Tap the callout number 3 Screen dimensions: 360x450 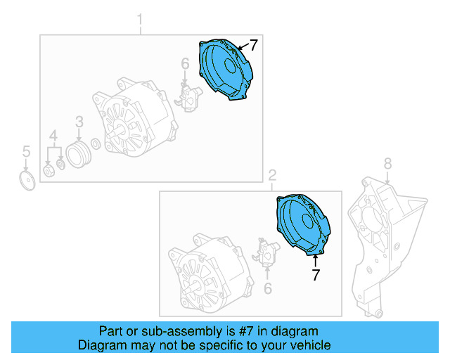pyautogui.click(x=79, y=122)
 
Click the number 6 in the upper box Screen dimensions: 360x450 pyautogui.click(x=185, y=65)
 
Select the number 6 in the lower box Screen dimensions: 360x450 pyautogui.click(x=267, y=288)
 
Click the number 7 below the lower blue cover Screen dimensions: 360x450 pyautogui.click(x=316, y=276)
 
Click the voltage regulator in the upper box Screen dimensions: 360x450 pyautogui.click(x=188, y=98)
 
